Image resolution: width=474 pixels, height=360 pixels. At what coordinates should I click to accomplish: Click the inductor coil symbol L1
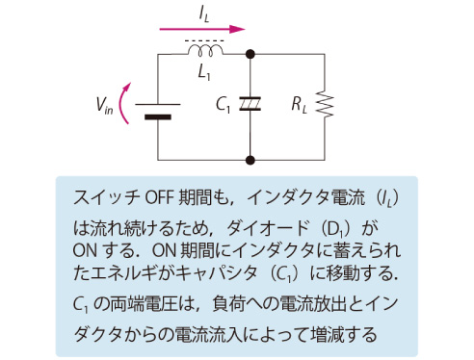[x=204, y=50]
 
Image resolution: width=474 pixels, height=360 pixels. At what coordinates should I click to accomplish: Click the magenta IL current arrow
[x=206, y=28]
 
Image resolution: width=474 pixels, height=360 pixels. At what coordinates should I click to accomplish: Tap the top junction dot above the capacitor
[x=250, y=55]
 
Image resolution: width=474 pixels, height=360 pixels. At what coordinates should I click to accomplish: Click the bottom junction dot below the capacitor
[x=250, y=160]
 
